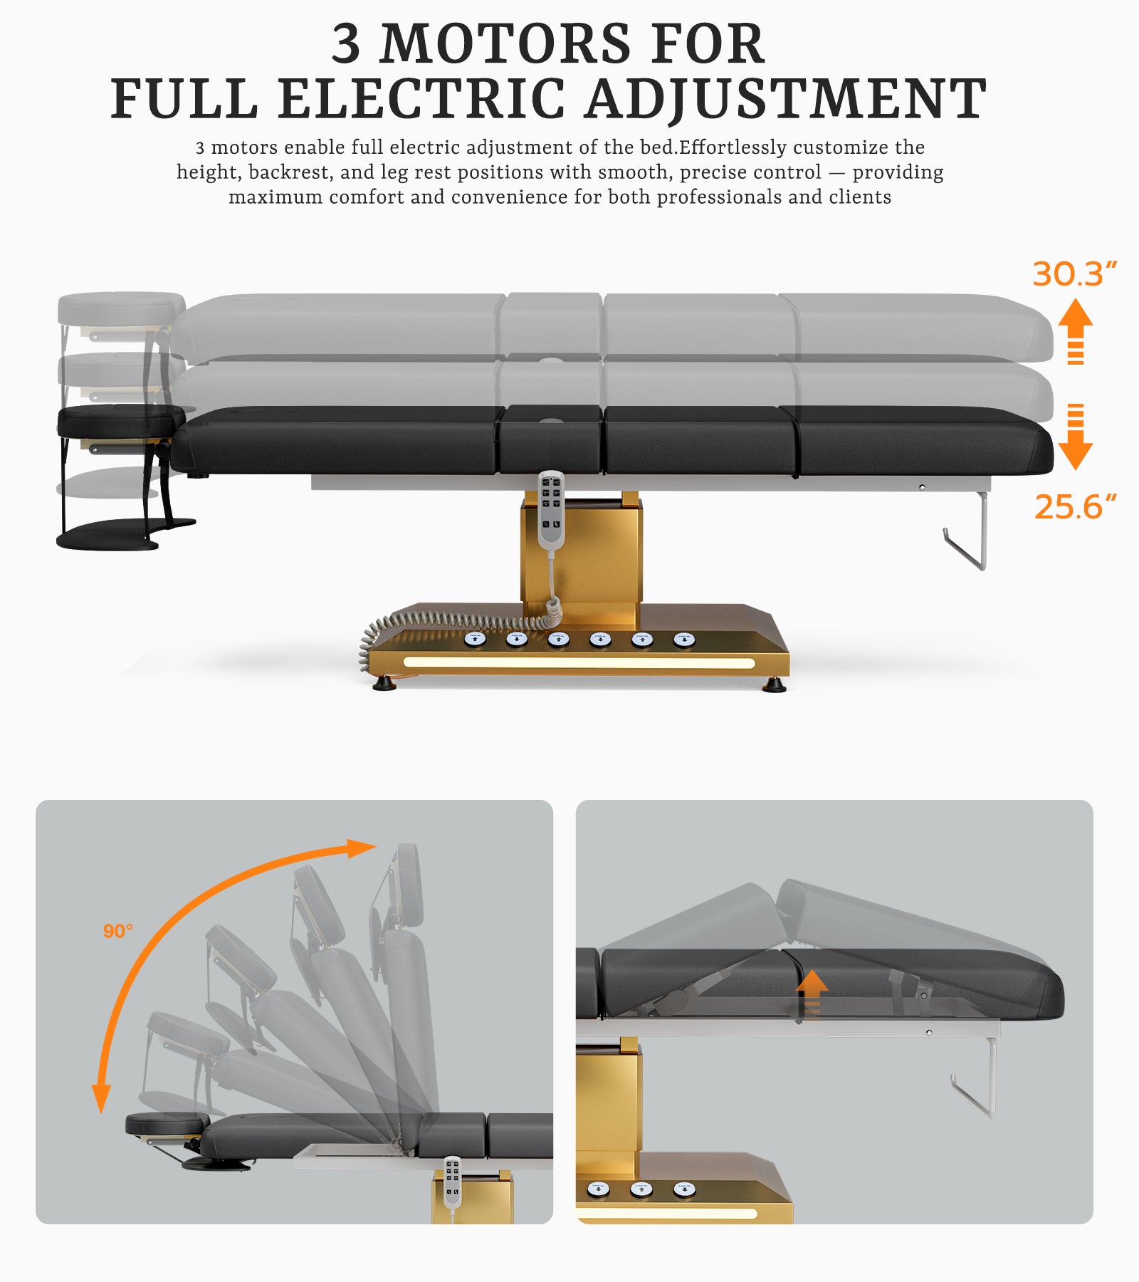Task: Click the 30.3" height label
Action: (1074, 274)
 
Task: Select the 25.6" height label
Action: (1074, 507)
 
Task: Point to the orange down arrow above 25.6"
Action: (1075, 437)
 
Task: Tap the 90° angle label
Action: (117, 931)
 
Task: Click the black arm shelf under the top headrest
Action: (107, 534)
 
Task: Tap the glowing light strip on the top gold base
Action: (578, 663)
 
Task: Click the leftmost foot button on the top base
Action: (475, 639)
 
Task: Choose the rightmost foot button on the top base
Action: (684, 639)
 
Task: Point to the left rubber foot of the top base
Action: (384, 684)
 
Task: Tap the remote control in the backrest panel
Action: (453, 1181)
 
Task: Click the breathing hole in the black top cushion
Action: (550, 421)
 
